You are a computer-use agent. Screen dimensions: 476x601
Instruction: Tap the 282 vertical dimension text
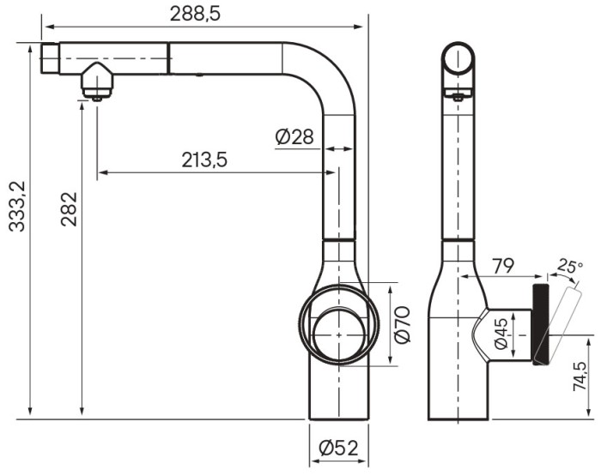point(69,209)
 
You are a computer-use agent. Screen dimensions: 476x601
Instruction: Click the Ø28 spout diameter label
point(294,136)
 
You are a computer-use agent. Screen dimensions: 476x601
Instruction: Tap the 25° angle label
point(569,267)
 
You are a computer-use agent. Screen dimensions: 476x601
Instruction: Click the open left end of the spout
point(49,60)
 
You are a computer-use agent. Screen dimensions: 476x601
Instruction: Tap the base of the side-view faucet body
point(458,403)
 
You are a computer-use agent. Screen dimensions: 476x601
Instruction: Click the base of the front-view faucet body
point(338,403)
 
